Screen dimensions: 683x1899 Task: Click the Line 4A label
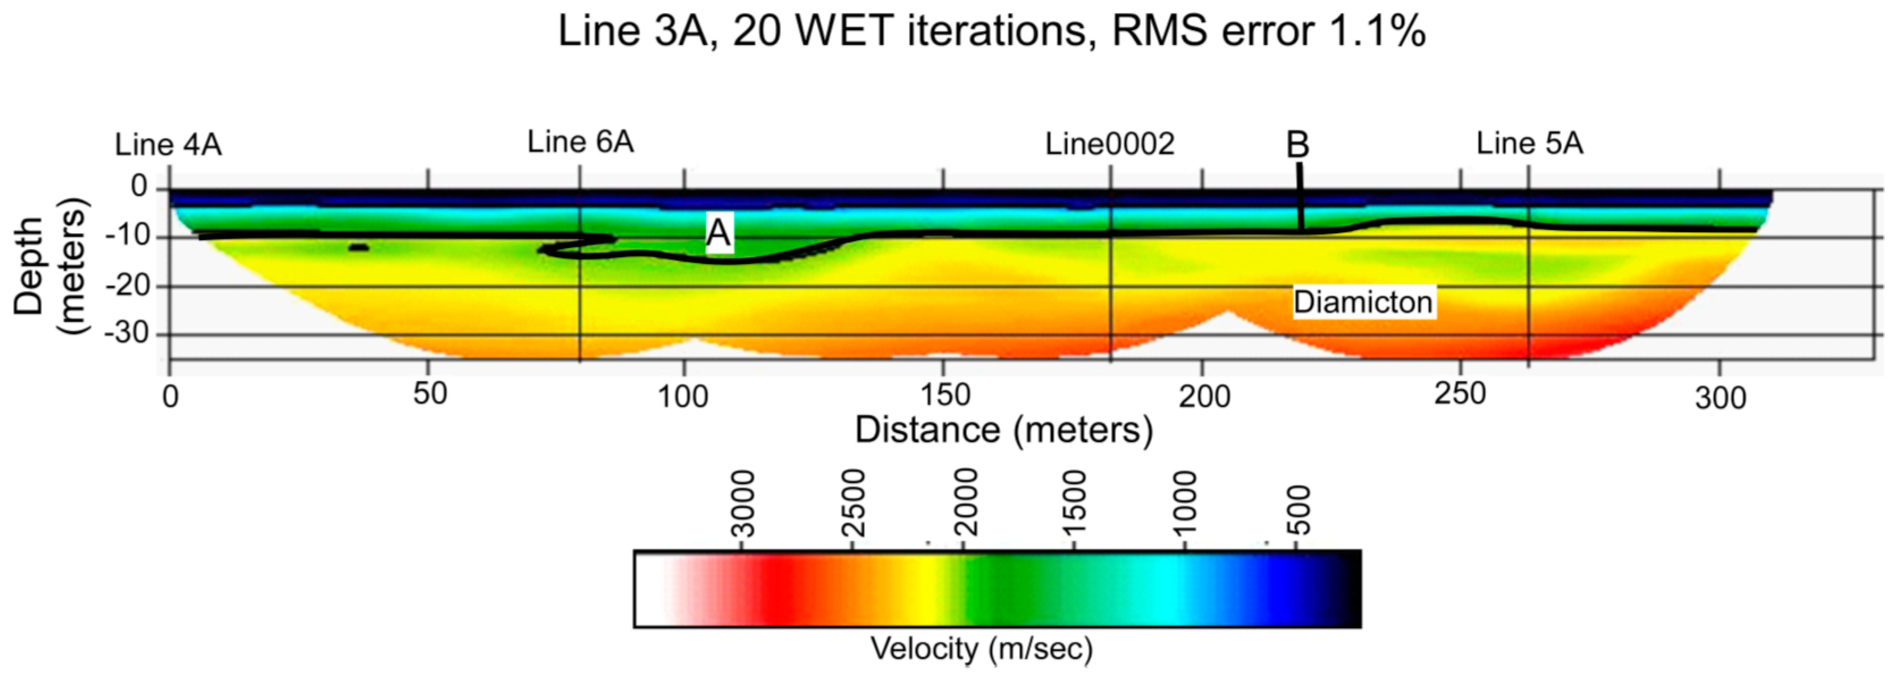[168, 145]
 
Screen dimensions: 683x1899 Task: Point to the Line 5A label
[1529, 143]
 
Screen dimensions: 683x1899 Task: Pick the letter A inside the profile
[718, 234]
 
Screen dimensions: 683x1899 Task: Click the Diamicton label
[1363, 302]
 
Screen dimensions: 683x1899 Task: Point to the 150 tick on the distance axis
[944, 395]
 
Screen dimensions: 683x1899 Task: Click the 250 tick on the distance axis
[1460, 394]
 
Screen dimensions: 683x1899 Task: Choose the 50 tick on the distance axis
[430, 394]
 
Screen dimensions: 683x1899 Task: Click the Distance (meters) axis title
[1003, 429]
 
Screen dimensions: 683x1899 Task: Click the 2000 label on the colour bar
[965, 505]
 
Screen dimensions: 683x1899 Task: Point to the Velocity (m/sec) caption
[981, 648]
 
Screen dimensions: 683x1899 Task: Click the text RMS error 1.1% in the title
[1268, 31]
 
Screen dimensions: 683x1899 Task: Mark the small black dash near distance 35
[358, 247]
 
